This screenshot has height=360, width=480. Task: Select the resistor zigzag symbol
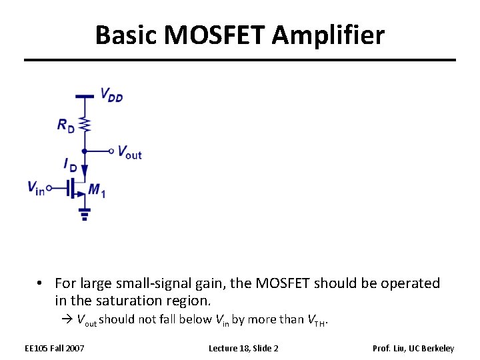click(85, 123)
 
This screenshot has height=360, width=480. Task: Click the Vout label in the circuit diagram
click(129, 152)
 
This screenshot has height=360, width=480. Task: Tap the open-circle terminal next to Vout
click(111, 151)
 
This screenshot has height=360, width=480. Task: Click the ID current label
click(69, 164)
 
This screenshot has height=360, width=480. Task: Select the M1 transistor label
click(97, 191)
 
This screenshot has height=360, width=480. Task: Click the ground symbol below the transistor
click(85, 214)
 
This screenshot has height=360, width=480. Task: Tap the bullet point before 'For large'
click(41, 283)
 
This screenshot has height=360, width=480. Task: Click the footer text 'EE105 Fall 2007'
click(55, 348)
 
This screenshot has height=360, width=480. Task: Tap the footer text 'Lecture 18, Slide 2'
click(243, 348)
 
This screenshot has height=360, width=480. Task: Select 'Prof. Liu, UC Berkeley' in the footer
click(413, 348)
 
